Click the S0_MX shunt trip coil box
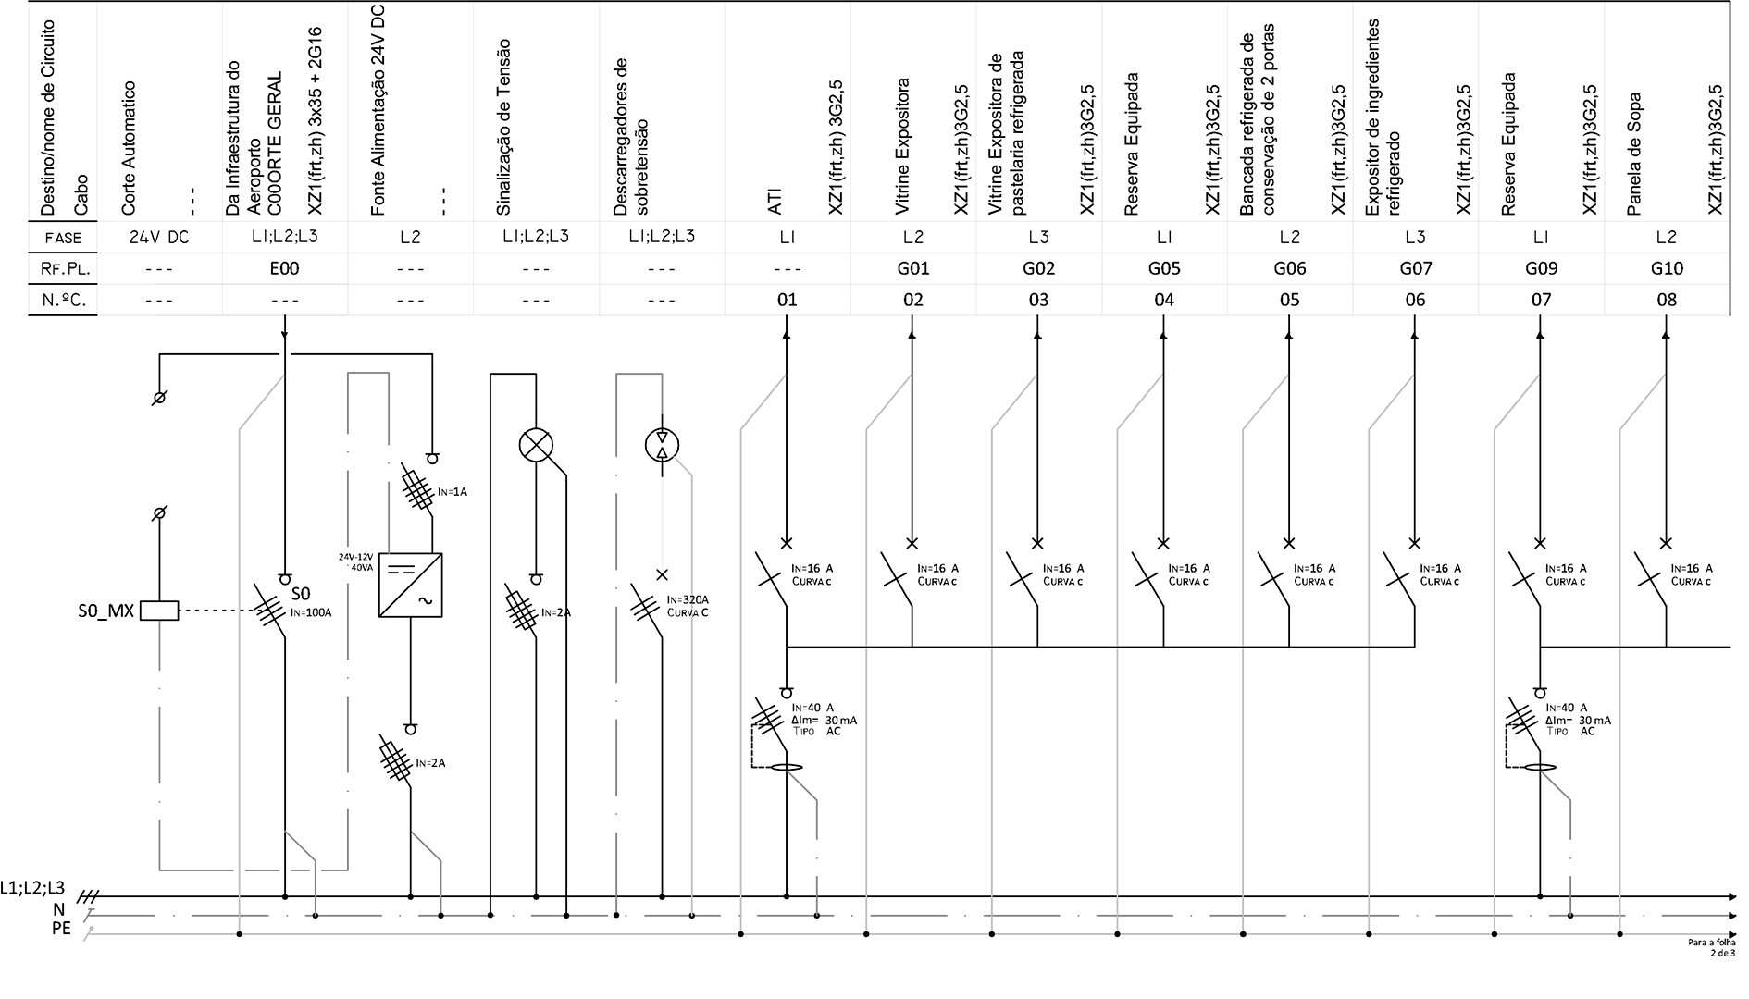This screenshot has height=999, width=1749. [x=158, y=610]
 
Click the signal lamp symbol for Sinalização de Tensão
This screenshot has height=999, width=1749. [x=536, y=445]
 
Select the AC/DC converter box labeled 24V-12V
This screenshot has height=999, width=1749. [x=410, y=586]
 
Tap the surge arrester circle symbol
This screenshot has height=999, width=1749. [x=662, y=445]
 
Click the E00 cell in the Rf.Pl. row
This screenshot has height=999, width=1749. [x=284, y=268]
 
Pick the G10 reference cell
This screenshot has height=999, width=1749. [x=1666, y=268]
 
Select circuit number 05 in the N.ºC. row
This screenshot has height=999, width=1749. [x=1289, y=300]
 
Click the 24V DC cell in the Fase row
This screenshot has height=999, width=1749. [x=158, y=238]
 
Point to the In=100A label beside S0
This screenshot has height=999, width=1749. [x=311, y=612]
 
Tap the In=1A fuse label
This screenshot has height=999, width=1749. [x=453, y=492]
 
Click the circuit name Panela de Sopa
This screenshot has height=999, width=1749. [x=1634, y=153]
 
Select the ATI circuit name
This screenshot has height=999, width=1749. [x=775, y=202]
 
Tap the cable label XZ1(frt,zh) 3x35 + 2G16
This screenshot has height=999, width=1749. [x=314, y=120]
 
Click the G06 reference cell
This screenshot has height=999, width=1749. [x=1289, y=268]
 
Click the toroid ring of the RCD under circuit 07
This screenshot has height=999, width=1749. [x=1540, y=768]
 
